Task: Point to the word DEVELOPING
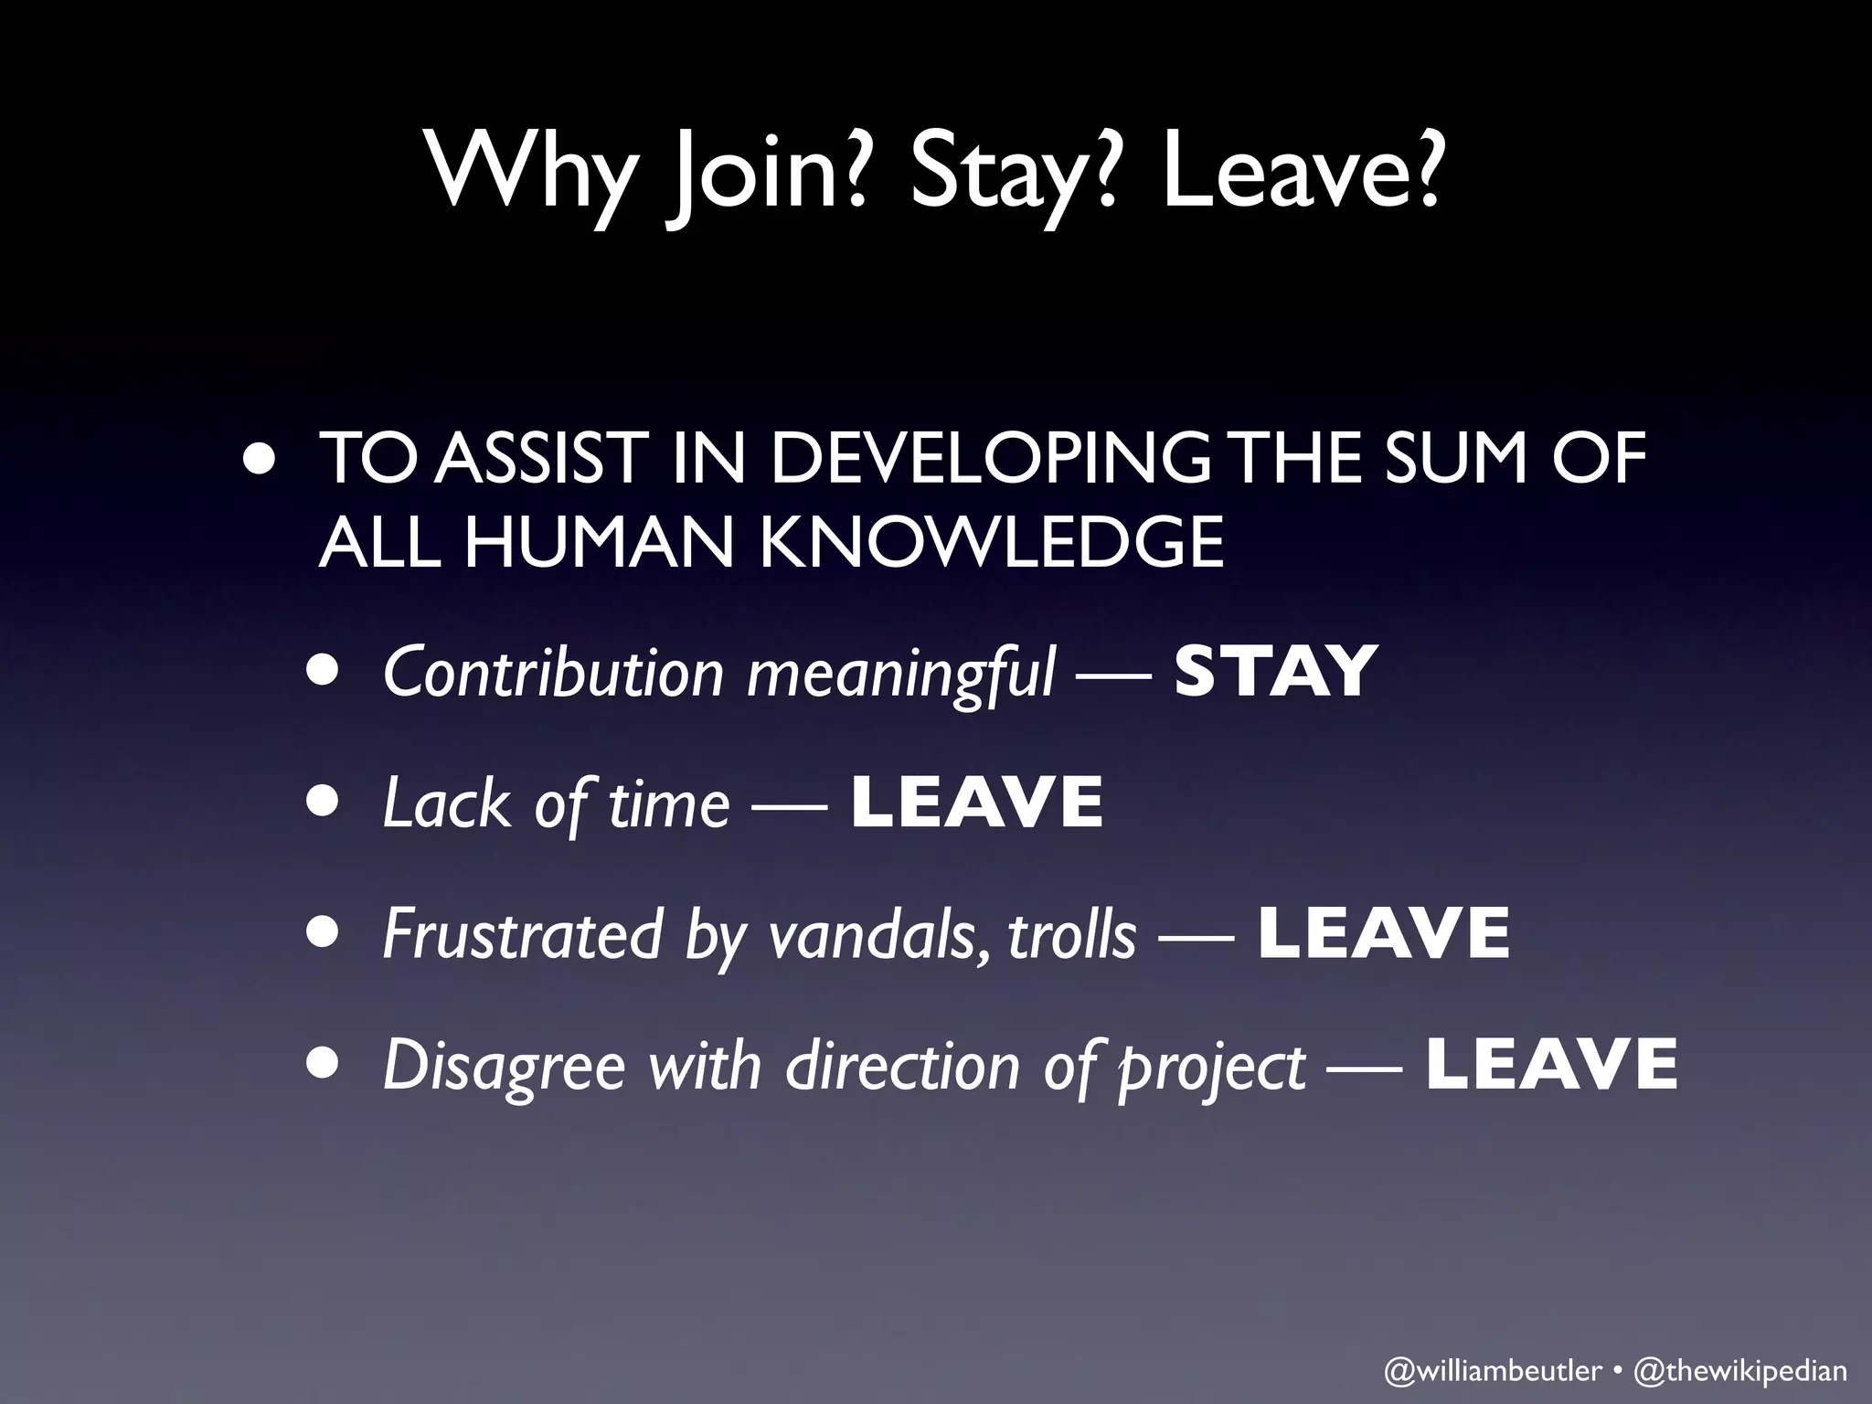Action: [990, 459]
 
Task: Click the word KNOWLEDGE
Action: [991, 541]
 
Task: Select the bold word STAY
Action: [1274, 672]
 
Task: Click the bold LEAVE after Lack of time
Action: [977, 803]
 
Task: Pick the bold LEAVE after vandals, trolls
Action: [1384, 933]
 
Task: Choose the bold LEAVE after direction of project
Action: [1552, 1065]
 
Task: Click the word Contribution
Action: [554, 672]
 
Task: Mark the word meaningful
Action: [901, 672]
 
